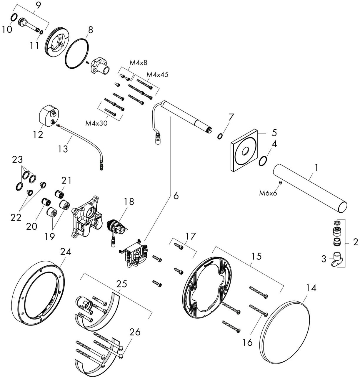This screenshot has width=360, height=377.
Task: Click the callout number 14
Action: click(311, 288)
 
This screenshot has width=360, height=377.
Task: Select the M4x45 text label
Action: click(158, 75)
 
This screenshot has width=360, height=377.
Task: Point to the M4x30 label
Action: click(96, 123)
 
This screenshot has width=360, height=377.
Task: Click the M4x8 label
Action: click(139, 62)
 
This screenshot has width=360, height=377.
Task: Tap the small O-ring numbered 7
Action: click(219, 136)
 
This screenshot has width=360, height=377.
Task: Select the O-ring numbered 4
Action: click(263, 161)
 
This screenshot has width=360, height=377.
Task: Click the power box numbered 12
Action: click(48, 117)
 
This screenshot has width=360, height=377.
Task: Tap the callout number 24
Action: click(66, 252)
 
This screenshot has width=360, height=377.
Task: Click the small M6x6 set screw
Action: click(280, 183)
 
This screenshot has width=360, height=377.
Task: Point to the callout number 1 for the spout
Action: click(316, 168)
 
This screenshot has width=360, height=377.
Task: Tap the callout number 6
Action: click(176, 196)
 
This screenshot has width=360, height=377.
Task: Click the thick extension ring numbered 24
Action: click(38, 295)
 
